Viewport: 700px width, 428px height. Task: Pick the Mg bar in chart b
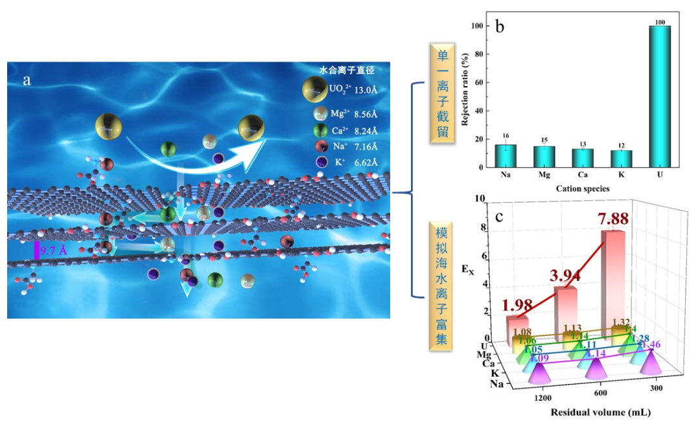pyautogui.click(x=543, y=157)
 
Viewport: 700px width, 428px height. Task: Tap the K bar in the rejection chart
pyautogui.click(x=622, y=159)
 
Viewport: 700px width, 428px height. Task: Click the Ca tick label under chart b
pyautogui.click(x=582, y=175)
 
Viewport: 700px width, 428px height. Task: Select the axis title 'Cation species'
pyautogui.click(x=582, y=188)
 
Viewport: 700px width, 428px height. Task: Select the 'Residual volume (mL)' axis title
pyautogui.click(x=600, y=412)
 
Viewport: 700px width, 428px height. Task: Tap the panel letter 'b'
pyautogui.click(x=500, y=27)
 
